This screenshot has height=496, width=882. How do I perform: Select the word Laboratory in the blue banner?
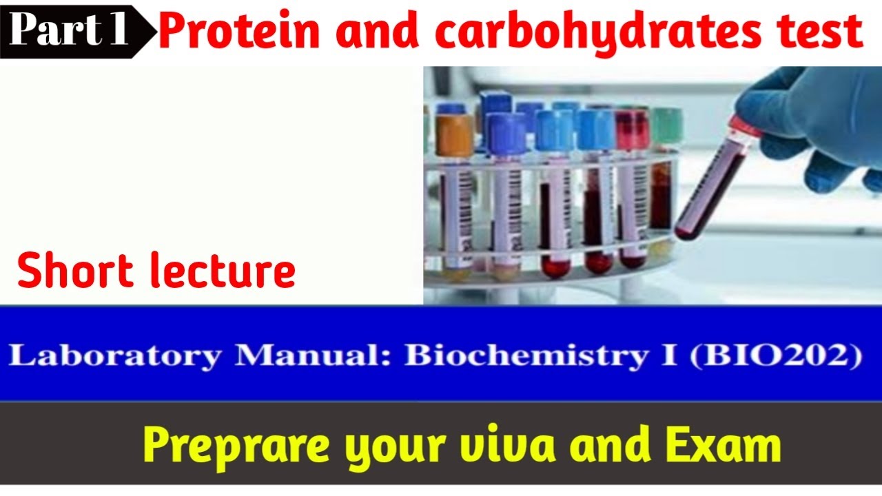[x=116, y=356]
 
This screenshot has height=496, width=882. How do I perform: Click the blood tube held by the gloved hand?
[x=710, y=183]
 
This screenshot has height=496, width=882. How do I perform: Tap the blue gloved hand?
[x=820, y=117]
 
